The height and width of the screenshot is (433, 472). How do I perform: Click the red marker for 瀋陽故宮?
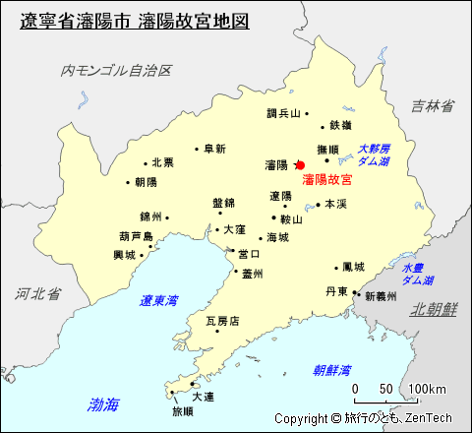[x=300, y=165]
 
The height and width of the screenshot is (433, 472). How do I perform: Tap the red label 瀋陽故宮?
[x=327, y=180]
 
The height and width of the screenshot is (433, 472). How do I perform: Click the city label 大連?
[x=203, y=397]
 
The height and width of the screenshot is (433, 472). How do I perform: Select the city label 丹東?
[x=335, y=292]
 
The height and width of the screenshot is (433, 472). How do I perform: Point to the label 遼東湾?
[x=158, y=300]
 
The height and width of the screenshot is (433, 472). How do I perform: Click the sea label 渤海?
[x=102, y=403]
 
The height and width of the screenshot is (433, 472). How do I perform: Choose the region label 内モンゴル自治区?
[x=116, y=71]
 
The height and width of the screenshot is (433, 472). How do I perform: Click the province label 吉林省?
[x=432, y=106]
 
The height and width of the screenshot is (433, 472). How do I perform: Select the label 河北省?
[x=38, y=293]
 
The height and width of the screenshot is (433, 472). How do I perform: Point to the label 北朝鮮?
[x=434, y=309]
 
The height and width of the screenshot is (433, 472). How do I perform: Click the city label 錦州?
[x=150, y=216]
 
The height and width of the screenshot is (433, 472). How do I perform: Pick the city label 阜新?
[x=214, y=149]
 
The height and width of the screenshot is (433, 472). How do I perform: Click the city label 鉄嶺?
[x=341, y=125]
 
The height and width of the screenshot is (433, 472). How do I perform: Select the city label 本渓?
[x=335, y=204]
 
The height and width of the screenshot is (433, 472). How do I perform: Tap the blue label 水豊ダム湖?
[x=417, y=274]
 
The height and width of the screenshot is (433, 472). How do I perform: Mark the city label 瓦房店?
[x=221, y=321]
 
